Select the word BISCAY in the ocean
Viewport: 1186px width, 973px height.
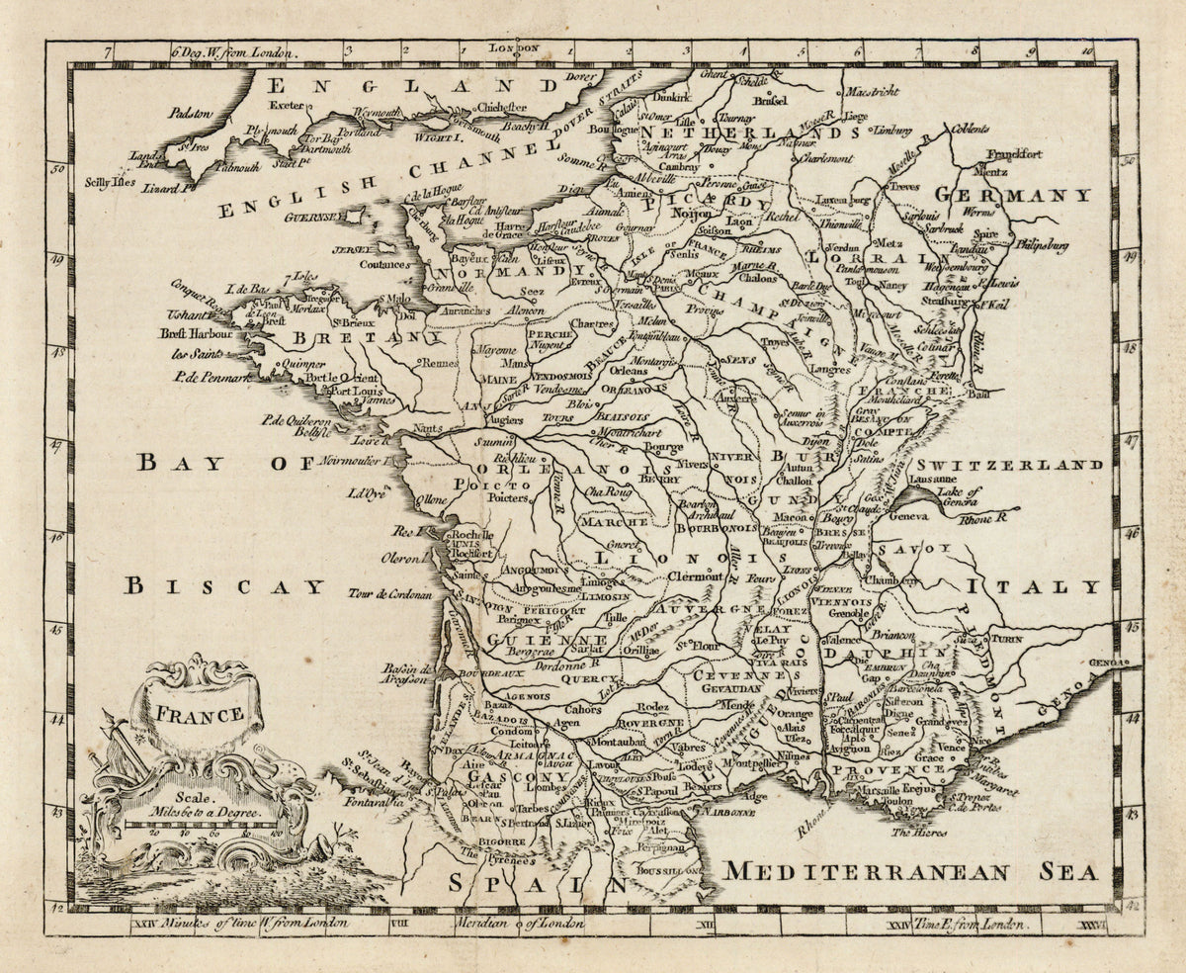pyautogui.click(x=224, y=586)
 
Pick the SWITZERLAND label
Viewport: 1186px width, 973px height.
pyautogui.click(x=1007, y=464)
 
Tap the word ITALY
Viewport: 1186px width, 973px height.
pyautogui.click(x=1034, y=586)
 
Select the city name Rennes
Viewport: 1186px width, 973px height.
pyautogui.click(x=441, y=363)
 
